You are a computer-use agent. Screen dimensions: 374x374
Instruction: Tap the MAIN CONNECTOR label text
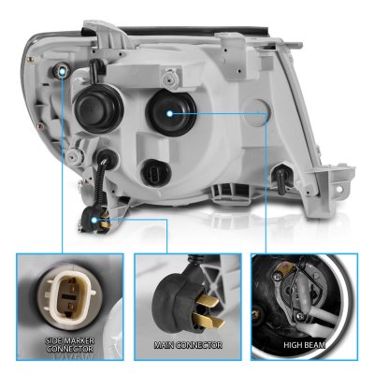coord(188,345)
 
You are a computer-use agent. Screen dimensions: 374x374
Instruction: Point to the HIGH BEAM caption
coord(305,345)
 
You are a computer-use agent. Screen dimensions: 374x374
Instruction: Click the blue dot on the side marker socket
coord(63,72)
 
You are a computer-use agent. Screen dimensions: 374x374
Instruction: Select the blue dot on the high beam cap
coord(169,114)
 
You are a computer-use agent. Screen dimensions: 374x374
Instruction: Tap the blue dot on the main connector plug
coord(94,221)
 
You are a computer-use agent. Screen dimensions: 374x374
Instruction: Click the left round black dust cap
coord(96,106)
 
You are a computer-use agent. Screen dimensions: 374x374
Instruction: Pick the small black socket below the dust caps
coord(157,172)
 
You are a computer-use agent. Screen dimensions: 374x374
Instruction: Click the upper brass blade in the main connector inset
coord(209,300)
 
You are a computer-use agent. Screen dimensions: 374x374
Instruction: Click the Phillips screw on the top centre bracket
coord(169,79)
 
